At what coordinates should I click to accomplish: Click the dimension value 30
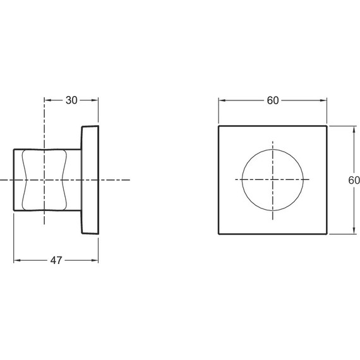(71, 100)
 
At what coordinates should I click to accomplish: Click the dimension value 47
(56, 260)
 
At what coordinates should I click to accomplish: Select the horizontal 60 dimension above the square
(273, 100)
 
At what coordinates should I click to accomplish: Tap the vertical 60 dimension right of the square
(354, 180)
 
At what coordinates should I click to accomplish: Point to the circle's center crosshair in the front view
(273, 179)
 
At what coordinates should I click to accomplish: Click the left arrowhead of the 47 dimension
(17, 260)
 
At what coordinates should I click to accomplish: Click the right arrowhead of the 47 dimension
(95, 260)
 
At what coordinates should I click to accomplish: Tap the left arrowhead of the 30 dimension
(48, 100)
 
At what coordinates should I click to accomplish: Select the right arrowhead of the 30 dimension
(95, 100)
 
